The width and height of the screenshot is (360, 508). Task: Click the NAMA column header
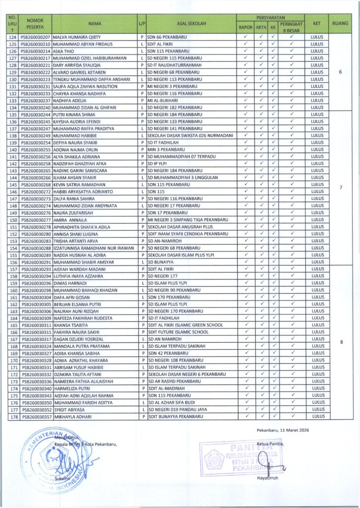click(94, 23)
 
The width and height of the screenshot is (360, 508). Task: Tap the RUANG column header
click(340, 23)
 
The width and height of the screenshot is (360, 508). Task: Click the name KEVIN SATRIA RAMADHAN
click(77, 185)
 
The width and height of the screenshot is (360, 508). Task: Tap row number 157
click(13, 269)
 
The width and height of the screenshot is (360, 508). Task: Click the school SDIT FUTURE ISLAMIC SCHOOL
click(178, 332)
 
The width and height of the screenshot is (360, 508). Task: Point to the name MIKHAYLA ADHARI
click(72, 416)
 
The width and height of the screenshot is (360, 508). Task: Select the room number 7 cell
click(340, 188)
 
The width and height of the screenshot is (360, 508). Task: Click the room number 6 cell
click(340, 72)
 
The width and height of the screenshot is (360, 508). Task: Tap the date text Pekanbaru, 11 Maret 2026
click(283, 430)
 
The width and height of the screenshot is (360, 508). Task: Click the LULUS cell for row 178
click(316, 416)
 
